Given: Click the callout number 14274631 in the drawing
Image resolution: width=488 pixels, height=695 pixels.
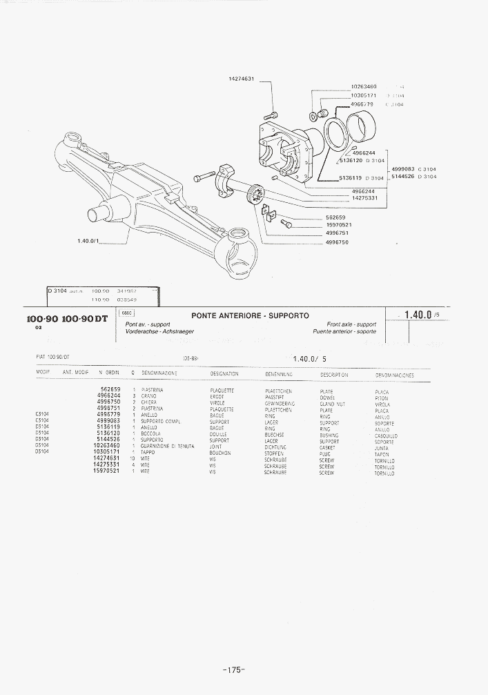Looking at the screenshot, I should (242, 79).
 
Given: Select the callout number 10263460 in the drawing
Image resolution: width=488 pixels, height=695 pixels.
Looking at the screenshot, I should (364, 86).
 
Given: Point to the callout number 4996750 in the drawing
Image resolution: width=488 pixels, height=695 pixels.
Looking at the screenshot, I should (337, 242).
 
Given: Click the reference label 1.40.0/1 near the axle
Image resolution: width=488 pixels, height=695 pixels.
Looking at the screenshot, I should (90, 241).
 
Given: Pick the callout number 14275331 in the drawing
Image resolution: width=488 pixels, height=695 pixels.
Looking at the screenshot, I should (364, 198).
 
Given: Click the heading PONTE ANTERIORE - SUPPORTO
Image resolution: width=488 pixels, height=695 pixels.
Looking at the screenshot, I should (250, 315).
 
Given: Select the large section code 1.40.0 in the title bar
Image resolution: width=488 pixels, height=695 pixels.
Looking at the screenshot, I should (418, 315).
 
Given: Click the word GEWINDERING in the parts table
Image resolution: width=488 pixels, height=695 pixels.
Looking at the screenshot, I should (280, 404).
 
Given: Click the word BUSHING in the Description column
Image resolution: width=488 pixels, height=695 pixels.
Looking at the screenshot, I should (329, 435).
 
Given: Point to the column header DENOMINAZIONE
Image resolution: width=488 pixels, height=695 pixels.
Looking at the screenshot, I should (159, 373).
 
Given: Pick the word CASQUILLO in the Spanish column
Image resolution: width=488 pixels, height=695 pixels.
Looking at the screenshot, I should (386, 436).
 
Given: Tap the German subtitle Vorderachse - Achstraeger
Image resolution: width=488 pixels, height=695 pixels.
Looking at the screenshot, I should (159, 331).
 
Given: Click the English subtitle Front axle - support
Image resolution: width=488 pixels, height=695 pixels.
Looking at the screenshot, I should (351, 324).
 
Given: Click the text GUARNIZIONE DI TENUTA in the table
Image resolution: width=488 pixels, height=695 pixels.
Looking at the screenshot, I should (166, 447).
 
